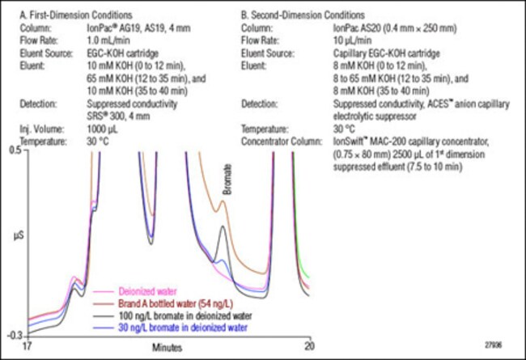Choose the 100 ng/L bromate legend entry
[x=168, y=316]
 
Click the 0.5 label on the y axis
[x=15, y=151]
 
